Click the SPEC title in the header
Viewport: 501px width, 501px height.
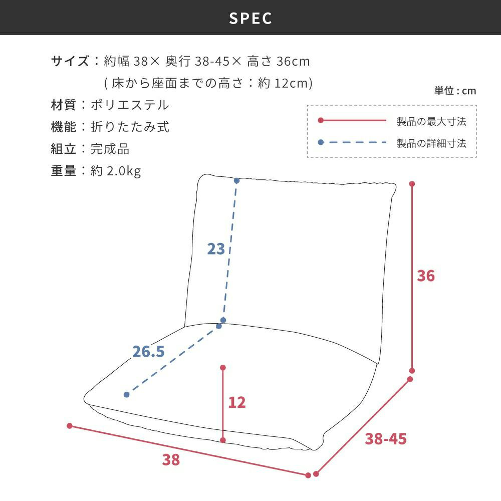pyautogui.click(x=250, y=18)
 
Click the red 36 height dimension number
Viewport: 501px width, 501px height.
pyautogui.click(x=425, y=276)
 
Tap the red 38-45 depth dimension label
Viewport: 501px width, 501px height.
pyautogui.click(x=386, y=439)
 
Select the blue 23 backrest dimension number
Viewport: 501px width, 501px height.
pyautogui.click(x=216, y=249)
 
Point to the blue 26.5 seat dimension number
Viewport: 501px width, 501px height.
pyautogui.click(x=148, y=352)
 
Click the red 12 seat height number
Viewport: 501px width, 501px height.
pyautogui.click(x=237, y=402)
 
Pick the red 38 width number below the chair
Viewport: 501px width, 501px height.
pyautogui.click(x=171, y=460)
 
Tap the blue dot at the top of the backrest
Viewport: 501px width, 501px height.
pyautogui.click(x=236, y=181)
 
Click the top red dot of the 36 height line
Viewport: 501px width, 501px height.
pyautogui.click(x=412, y=184)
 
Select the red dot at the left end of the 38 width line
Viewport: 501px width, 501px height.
pyautogui.click(x=70, y=425)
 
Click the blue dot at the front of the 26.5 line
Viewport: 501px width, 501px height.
pyautogui.click(x=127, y=395)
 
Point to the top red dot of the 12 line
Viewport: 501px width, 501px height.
pyautogui.click(x=223, y=368)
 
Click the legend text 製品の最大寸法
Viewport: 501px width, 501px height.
pyautogui.click(x=431, y=121)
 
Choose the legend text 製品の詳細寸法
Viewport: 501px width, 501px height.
pyautogui.click(x=431, y=143)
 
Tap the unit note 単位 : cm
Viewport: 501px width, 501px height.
pyautogui.click(x=455, y=91)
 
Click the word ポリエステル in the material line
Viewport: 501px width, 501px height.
pyautogui.click(x=130, y=105)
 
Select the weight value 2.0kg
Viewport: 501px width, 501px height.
pyautogui.click(x=124, y=171)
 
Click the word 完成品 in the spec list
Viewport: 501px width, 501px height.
pyautogui.click(x=110, y=149)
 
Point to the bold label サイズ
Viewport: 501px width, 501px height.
pyautogui.click(x=70, y=61)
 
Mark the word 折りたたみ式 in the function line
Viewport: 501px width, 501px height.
pyautogui.click(x=130, y=127)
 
